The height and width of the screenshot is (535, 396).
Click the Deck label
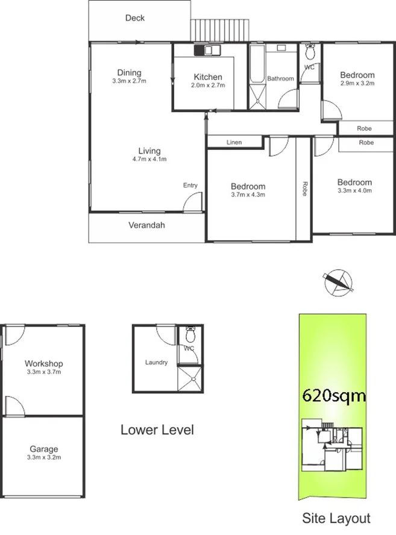(134, 18)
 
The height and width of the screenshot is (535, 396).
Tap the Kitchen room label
(208, 77)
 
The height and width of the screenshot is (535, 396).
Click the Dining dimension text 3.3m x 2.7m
(130, 81)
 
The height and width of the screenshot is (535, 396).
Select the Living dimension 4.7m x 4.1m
(149, 159)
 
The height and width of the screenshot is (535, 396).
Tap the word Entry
(190, 186)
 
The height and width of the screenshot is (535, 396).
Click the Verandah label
(146, 226)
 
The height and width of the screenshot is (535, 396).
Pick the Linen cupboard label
(234, 143)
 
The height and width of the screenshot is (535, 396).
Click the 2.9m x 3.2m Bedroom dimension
(357, 84)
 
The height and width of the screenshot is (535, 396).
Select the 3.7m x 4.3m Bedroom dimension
(248, 195)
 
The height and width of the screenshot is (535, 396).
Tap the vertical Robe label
(305, 189)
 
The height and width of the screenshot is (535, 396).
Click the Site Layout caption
(335, 518)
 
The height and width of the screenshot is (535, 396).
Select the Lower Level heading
(157, 430)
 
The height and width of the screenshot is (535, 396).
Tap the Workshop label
(43, 364)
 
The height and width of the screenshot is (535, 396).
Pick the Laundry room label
(156, 363)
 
